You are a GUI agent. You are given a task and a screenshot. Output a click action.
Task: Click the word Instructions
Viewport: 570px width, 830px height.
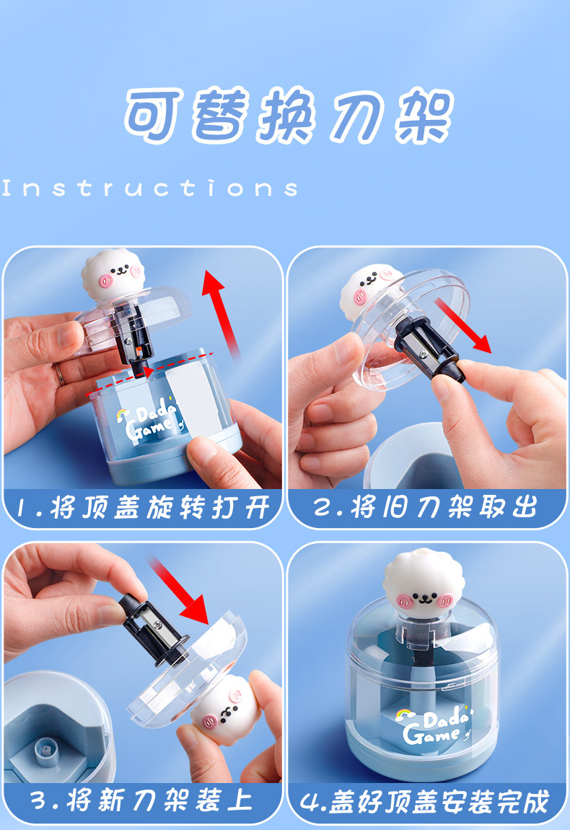150,189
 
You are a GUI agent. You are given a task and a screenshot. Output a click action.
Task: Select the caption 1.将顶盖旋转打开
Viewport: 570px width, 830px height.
142,507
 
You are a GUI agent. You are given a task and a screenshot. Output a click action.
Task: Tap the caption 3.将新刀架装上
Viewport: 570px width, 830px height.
142,800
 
